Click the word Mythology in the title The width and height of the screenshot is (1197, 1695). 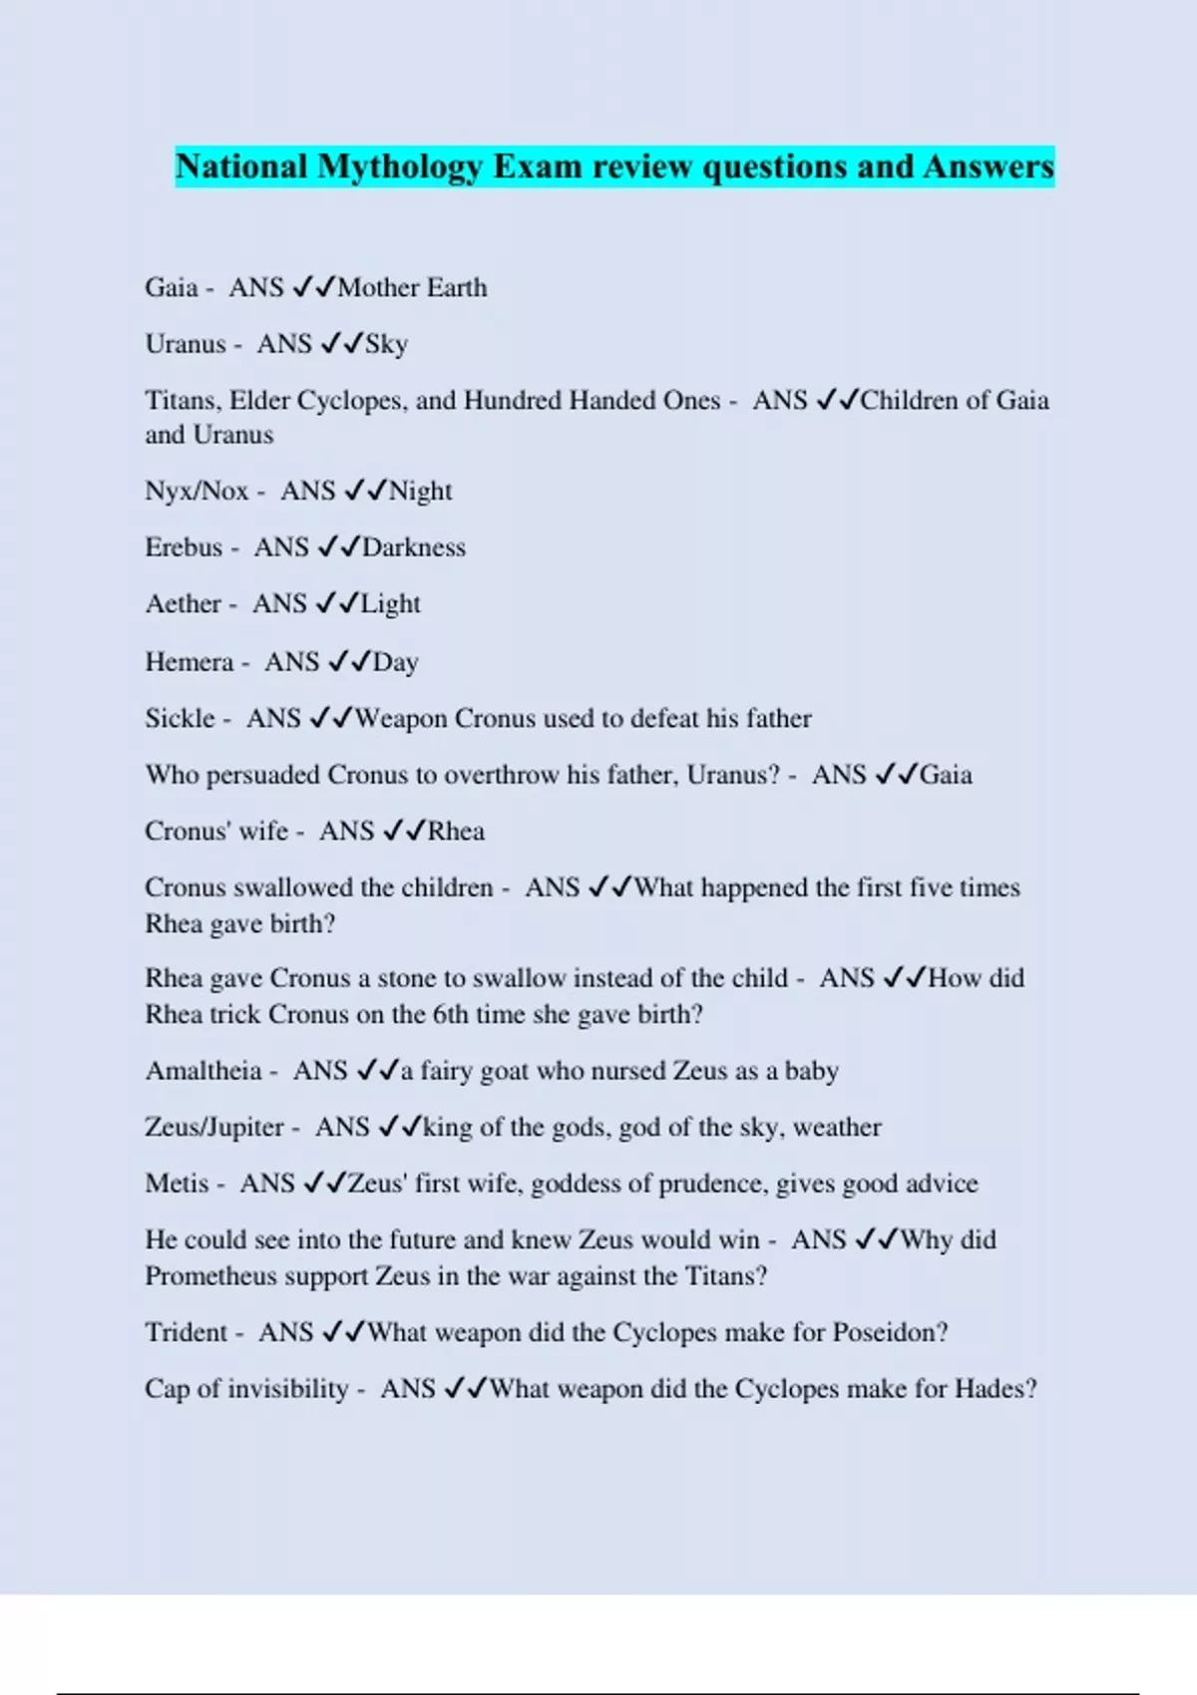tap(399, 167)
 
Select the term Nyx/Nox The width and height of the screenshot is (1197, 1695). tap(197, 491)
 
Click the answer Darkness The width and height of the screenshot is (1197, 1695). tap(414, 547)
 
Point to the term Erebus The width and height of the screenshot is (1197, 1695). tap(184, 547)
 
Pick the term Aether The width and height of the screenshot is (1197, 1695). tap(183, 603)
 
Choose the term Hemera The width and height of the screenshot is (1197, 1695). tap(189, 662)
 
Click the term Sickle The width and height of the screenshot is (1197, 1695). tap(180, 718)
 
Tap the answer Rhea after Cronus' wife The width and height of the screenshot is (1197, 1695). tap(456, 831)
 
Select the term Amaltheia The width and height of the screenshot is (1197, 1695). tap(203, 1071)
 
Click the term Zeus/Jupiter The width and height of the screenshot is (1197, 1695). tap(214, 1127)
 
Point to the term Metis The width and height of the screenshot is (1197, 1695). tap(177, 1184)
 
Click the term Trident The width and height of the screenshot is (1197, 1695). tap(186, 1332)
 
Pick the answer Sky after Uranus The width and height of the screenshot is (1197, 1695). tap(386, 345)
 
